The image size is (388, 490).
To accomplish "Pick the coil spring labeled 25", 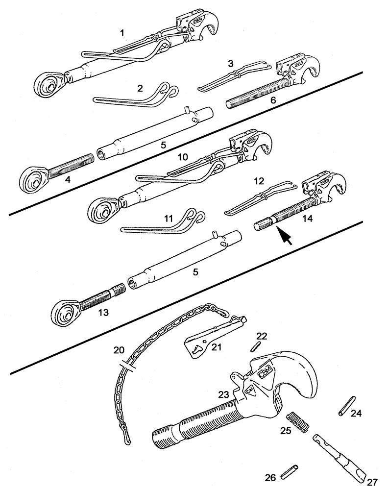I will point(297,422).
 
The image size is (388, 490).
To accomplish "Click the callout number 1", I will point(122,33).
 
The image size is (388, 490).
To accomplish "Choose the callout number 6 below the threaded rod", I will point(273,100).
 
